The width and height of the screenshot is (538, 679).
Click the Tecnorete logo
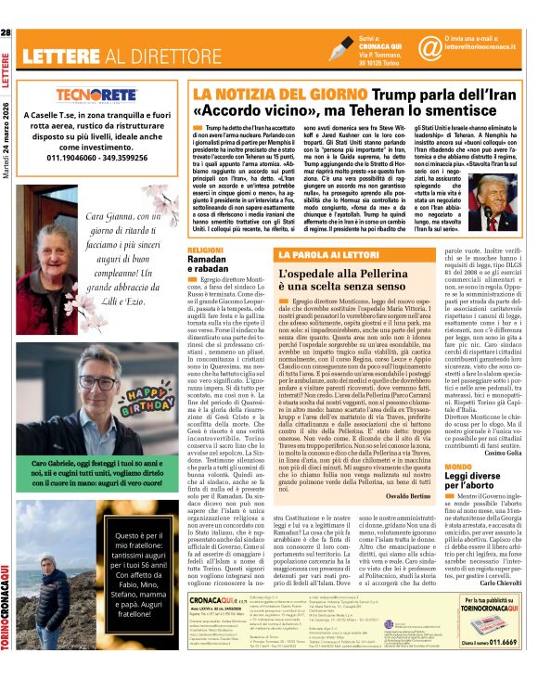pyautogui.click(x=96, y=96)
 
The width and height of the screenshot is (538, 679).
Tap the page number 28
pyautogui.click(x=7, y=33)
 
